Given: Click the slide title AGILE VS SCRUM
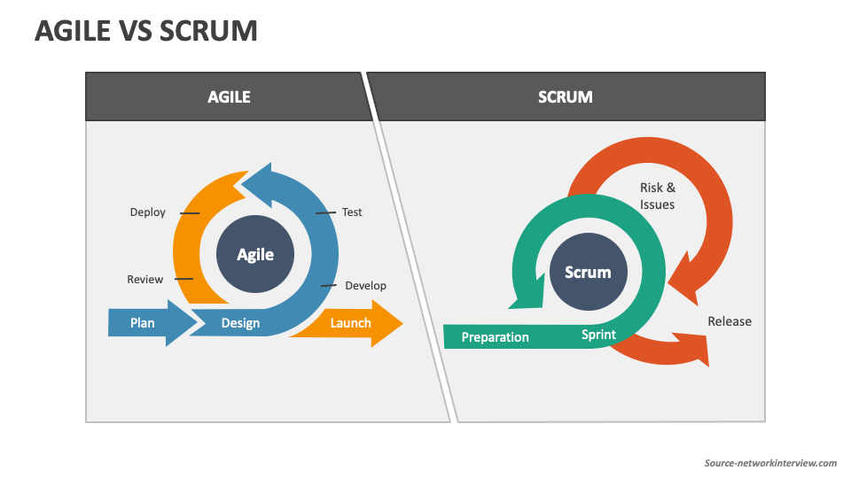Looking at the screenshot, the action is point(146,30).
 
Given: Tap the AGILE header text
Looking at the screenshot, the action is point(229,97).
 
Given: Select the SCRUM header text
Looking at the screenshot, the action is point(565,97).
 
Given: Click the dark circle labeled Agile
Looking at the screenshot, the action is point(255,254).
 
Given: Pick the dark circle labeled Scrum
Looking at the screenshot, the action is point(589,272).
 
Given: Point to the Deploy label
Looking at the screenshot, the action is point(148,212).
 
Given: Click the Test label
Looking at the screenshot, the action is point(352,212).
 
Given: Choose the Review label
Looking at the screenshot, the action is point(144,279).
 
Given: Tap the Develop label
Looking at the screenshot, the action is point(366,286).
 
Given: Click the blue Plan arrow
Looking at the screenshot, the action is point(152,323).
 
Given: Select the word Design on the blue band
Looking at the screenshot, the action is point(240,323).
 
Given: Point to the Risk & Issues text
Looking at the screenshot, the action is point(657,196).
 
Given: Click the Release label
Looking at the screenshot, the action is point(730,321).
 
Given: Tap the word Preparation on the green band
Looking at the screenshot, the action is point(495,337).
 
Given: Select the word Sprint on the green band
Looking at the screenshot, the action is point(598,335).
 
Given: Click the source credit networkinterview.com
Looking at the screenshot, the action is point(770,463).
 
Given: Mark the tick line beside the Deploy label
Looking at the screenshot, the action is point(190,213).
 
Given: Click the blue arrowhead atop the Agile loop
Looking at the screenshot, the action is point(258,185).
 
